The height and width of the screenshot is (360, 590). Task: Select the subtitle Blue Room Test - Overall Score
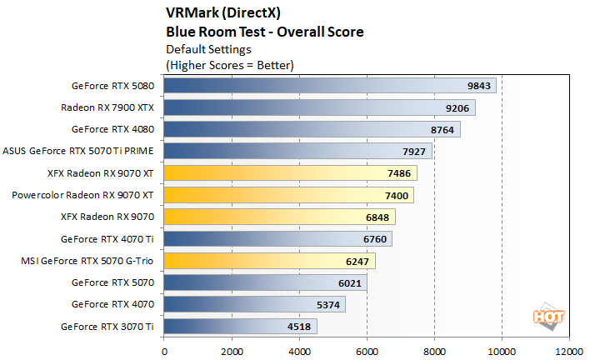[x=265, y=32]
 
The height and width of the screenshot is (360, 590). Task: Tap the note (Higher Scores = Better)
[x=230, y=64]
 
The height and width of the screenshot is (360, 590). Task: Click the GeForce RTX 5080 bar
[x=330, y=86]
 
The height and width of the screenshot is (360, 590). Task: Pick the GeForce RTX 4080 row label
[x=112, y=129]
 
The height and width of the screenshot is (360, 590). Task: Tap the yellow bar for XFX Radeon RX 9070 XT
[x=290, y=172]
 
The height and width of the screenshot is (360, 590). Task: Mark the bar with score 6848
[x=279, y=217]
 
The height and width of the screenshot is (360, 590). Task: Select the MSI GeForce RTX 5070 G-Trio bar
[x=269, y=260]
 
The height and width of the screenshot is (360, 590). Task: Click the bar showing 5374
[x=254, y=304]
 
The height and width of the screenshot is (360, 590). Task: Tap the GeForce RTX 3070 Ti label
[x=107, y=326]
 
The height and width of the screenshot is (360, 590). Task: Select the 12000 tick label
[x=569, y=351]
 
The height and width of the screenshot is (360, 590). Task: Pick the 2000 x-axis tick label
[x=232, y=351]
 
